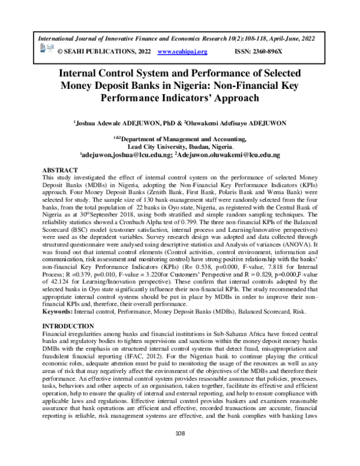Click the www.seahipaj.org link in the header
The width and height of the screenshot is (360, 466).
pos(182,52)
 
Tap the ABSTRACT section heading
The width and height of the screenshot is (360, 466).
pos(62,171)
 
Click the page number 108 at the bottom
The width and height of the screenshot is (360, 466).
pos(179,449)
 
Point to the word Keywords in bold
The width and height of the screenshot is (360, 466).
pos(59,312)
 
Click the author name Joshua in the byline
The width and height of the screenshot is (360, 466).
pos(87,123)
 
